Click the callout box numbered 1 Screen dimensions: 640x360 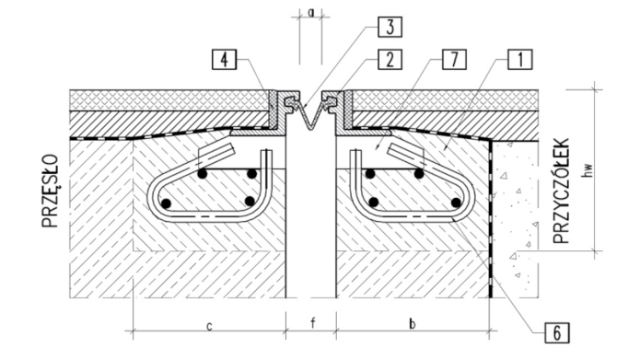point(520,60)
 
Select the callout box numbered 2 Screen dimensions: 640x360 point(390,60)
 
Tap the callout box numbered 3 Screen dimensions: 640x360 point(390,28)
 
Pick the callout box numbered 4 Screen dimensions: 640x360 point(224,60)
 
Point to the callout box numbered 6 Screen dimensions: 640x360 point(557,332)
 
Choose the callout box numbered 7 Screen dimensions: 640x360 point(454,60)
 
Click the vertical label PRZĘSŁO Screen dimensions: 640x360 point(51,191)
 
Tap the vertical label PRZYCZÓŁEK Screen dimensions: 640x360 point(561,191)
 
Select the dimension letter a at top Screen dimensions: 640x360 point(311,13)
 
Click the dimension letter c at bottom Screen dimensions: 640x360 point(209,326)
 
